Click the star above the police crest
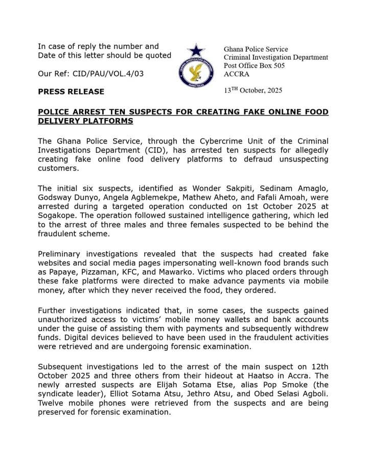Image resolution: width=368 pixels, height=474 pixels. click(x=196, y=50)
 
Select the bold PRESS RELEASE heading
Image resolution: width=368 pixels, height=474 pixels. click(x=71, y=91)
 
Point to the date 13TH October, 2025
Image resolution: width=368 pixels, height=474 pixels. click(x=253, y=90)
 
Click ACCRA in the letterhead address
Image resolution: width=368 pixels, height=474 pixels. click(x=236, y=74)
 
